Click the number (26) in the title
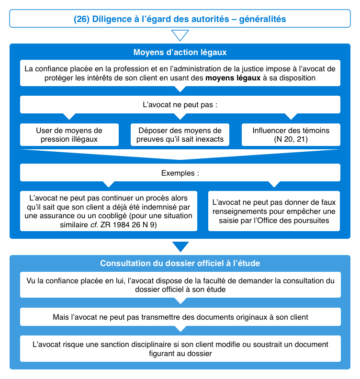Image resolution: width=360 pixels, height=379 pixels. pos(81,19)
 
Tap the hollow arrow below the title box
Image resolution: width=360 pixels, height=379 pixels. pos(180,35)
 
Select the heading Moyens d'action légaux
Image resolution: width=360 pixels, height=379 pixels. pos(180,52)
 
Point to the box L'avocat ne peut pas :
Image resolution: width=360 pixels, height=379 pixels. pos(180,104)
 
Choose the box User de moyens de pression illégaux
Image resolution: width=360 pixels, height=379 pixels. pos(69,134)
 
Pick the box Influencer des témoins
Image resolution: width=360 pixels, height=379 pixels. pos(291,134)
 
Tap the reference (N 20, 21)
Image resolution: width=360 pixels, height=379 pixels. pos(291,139)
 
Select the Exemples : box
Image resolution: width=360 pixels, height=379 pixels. pos(180,172)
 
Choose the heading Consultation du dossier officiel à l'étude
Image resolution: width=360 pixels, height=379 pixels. pos(180,263)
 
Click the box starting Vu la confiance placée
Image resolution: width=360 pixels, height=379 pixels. pos(180,285)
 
